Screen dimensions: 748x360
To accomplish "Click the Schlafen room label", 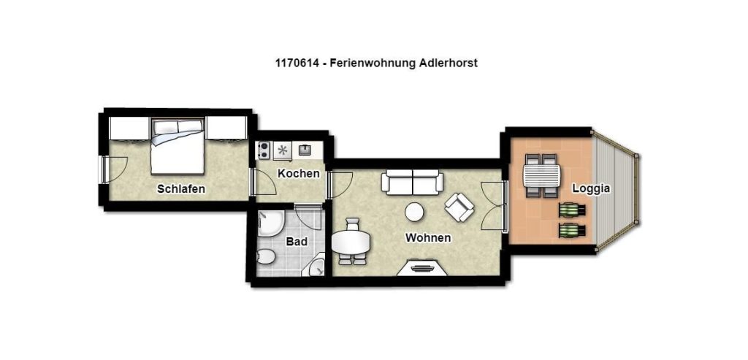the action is pos(181,189).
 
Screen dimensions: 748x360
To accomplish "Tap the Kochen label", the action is pos(299,174).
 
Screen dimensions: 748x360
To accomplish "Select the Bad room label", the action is pos(297,242).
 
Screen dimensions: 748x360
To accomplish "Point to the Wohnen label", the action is pos(428,237).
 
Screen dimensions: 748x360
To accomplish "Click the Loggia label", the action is pos(591,188).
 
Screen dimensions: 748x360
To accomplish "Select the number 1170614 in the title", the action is pos(294,64).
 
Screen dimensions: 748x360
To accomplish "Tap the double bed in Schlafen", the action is pos(178,146).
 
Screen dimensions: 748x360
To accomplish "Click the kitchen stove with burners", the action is pos(263,150).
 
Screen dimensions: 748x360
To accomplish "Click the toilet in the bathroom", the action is pos(265,258).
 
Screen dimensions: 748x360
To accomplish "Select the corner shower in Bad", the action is pos(270,224).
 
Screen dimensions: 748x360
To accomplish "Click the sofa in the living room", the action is pos(412,182).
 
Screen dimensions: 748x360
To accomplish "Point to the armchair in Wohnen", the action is pos(459,207).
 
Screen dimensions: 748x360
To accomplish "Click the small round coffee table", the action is pos(414,212).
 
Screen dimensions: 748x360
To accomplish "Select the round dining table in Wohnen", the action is pos(351,242).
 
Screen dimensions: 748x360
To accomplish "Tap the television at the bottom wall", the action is pos(421,267).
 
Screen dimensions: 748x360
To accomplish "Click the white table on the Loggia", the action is pos(541,175).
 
